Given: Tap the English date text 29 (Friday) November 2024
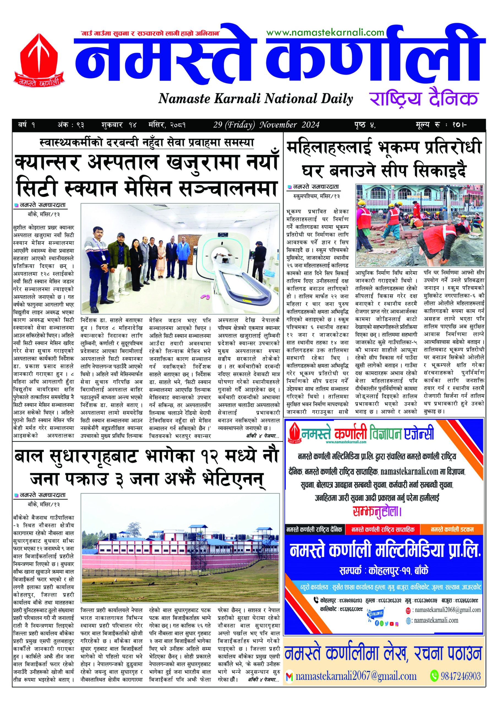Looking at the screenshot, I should [x=267, y=125].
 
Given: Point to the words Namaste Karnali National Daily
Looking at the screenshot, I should [x=255, y=99].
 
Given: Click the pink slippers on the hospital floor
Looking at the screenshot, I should [x=205, y=296].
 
